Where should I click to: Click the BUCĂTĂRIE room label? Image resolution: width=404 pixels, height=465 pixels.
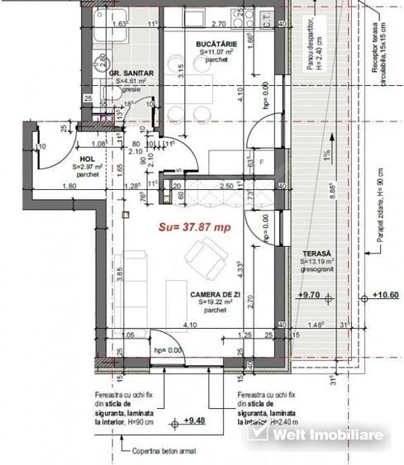click(217, 43)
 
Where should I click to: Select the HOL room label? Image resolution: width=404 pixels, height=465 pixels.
click(88, 159)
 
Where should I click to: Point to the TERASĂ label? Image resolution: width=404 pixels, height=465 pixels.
click(316, 253)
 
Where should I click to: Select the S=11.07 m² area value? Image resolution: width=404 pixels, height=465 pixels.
click(217, 51)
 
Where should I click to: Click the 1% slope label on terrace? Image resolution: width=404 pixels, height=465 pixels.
click(328, 154)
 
